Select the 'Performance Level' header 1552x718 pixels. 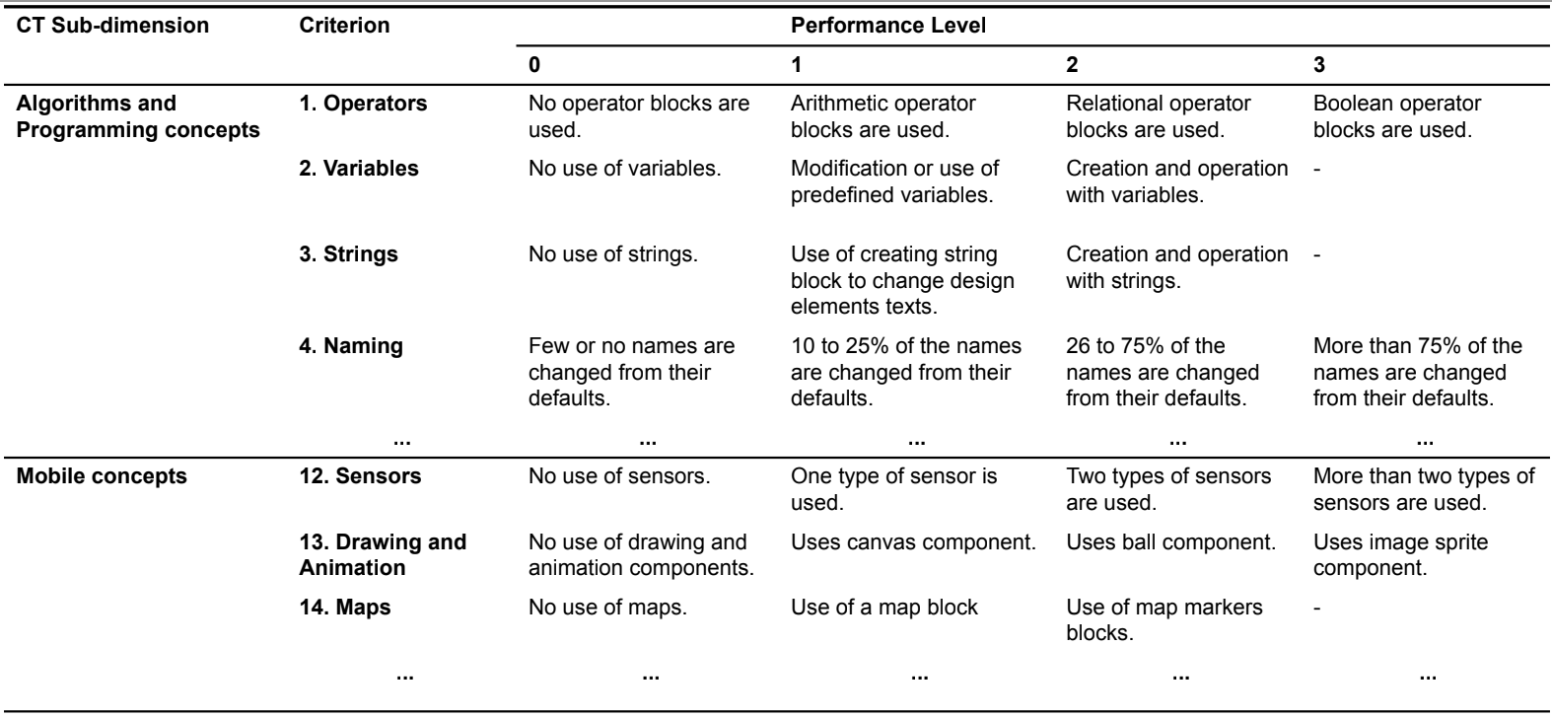pyautogui.click(x=888, y=26)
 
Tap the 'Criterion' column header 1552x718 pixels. pyautogui.click(x=345, y=26)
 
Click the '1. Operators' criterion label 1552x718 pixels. pyautogui.click(x=363, y=104)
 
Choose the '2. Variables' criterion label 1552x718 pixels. pyautogui.click(x=359, y=169)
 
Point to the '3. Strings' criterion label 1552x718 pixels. pyautogui.click(x=349, y=254)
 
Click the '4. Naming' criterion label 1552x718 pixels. pyautogui.click(x=351, y=346)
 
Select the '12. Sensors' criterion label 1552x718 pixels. pyautogui.click(x=360, y=476)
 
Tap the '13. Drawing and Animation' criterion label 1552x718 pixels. pyautogui.click(x=383, y=554)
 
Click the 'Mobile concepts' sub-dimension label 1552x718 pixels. pyautogui.click(x=103, y=476)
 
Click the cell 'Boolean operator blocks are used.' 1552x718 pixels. pyautogui.click(x=1397, y=116)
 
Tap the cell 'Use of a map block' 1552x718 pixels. pyautogui.click(x=884, y=608)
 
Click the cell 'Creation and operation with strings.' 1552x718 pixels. pyautogui.click(x=1176, y=266)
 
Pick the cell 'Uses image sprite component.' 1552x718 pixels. pyautogui.click(x=1400, y=555)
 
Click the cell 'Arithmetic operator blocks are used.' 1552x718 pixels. pyautogui.click(x=884, y=116)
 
